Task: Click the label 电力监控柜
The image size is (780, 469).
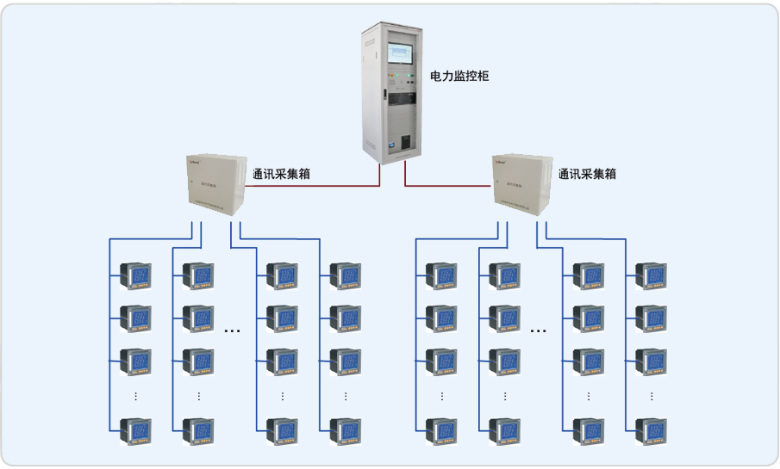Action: pyautogui.click(x=459, y=77)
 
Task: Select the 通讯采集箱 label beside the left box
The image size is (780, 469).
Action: pyautogui.click(x=281, y=174)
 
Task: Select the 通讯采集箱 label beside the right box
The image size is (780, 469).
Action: pyautogui.click(x=587, y=174)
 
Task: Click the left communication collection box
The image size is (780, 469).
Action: pyautogui.click(x=216, y=184)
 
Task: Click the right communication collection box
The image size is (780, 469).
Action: pyautogui.click(x=522, y=184)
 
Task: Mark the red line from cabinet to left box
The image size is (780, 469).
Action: pyautogui.click(x=328, y=184)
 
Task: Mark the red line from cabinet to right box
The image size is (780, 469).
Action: pyautogui.click(x=448, y=184)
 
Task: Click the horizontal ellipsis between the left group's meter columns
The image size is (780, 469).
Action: pyautogui.click(x=232, y=330)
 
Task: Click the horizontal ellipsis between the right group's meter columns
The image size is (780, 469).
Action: pyautogui.click(x=539, y=330)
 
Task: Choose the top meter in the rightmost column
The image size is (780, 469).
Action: pyautogui.click(x=651, y=276)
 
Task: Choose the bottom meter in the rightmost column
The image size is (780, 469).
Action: pyautogui.click(x=651, y=429)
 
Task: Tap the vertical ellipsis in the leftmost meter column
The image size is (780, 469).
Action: pyautogui.click(x=136, y=396)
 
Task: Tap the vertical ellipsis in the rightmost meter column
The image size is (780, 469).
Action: pyautogui.click(x=651, y=396)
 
